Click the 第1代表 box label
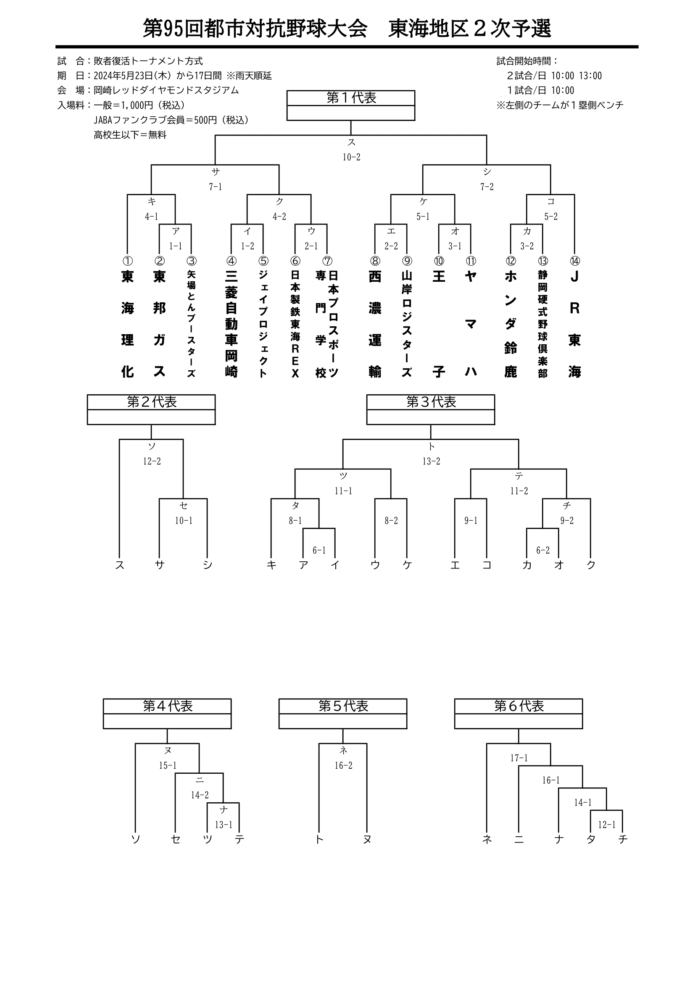[x=351, y=98]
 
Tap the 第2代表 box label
[x=152, y=402]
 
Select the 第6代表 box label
[x=519, y=706]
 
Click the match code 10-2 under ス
[x=351, y=157]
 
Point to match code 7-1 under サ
[x=215, y=187]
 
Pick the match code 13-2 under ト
[x=432, y=461]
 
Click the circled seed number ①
[x=128, y=261]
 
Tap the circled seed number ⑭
[x=574, y=261]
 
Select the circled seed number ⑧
[x=375, y=261]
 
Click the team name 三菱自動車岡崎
[x=231, y=324]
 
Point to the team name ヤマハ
[x=471, y=324]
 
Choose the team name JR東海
[x=574, y=324]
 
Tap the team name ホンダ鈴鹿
[x=511, y=324]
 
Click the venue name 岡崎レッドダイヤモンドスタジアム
[x=166, y=90]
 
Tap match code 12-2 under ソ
[x=152, y=461]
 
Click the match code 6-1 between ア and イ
[x=319, y=550]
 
